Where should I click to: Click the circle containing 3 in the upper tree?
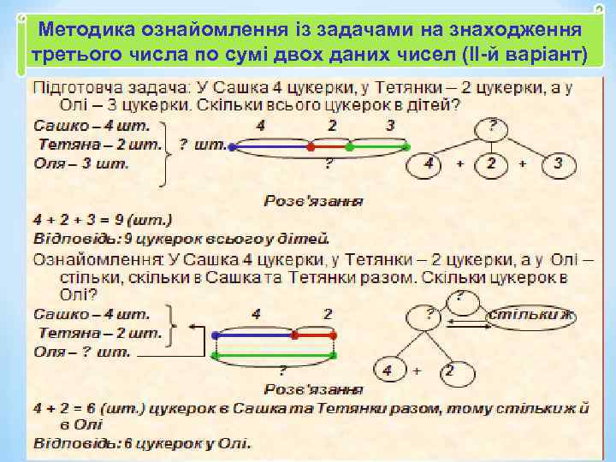[x=558, y=164]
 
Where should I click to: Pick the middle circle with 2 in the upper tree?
[x=490, y=164]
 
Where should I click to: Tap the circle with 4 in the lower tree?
[x=389, y=370]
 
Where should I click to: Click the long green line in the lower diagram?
[x=275, y=354]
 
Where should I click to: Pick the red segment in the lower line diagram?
[x=314, y=335]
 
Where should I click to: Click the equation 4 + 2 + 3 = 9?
[x=103, y=219]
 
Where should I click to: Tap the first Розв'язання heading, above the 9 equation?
[x=311, y=203]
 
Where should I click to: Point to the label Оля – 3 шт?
[x=81, y=163]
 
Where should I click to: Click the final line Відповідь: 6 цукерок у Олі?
[x=142, y=442]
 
